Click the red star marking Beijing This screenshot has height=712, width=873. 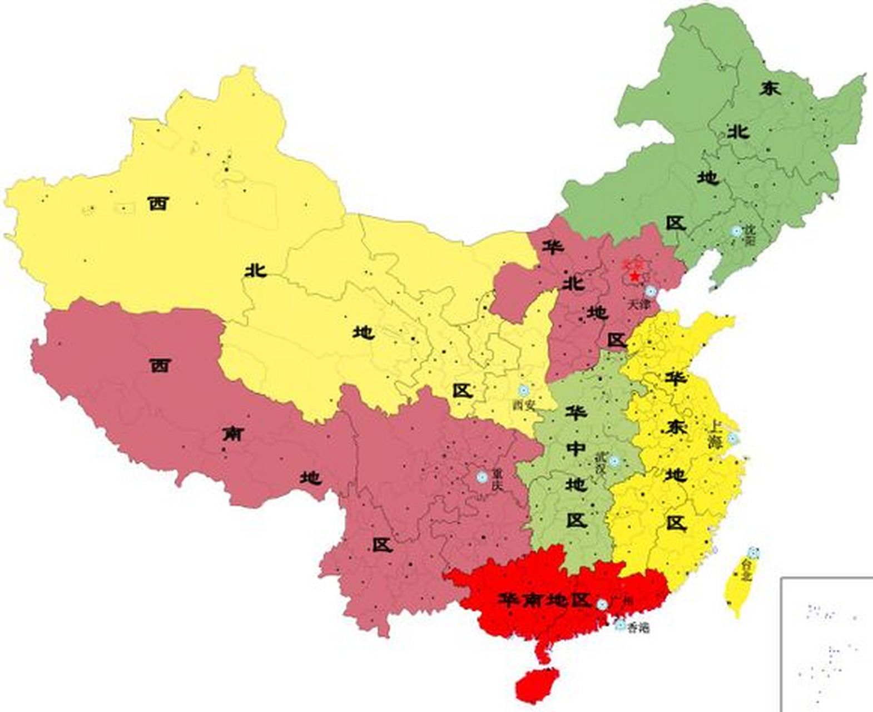[634, 275]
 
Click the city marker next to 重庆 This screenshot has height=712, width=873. [482, 477]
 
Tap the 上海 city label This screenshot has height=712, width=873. [715, 434]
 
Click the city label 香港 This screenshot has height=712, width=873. [638, 629]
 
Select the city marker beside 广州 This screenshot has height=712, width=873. [602, 604]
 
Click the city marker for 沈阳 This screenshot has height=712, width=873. [737, 231]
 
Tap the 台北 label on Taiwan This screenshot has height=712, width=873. [747, 570]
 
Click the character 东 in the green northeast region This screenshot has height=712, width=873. [771, 88]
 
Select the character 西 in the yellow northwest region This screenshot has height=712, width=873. [158, 204]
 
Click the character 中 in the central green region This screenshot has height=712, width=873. [576, 447]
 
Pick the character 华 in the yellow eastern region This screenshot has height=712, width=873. [676, 379]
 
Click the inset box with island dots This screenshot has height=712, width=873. [827, 645]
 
